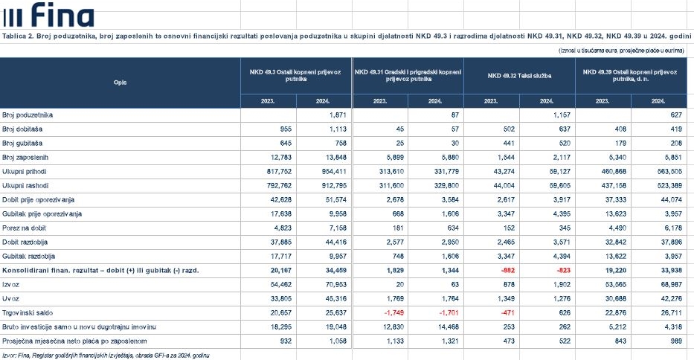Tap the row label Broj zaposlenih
point(26,157)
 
